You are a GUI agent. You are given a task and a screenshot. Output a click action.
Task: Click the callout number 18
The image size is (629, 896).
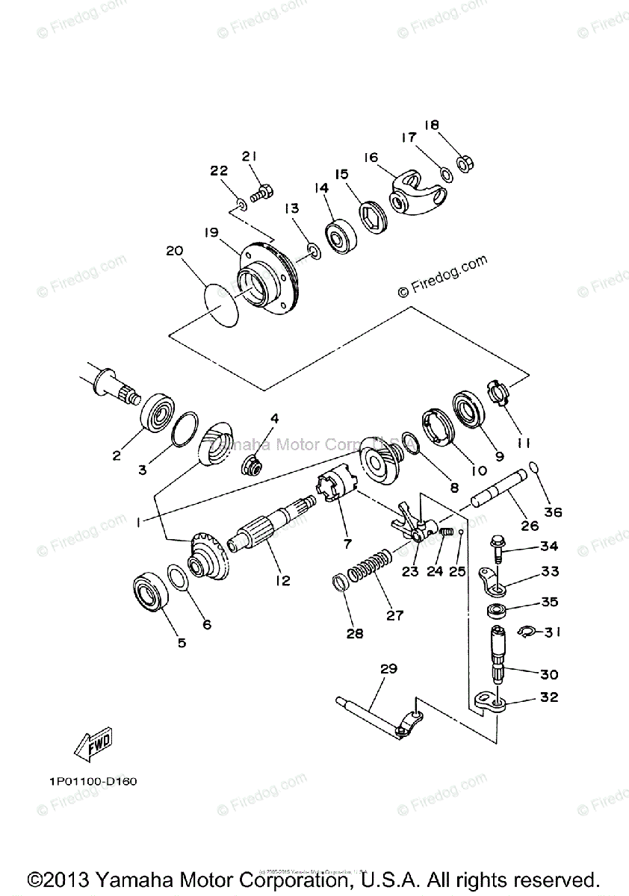pyautogui.click(x=432, y=125)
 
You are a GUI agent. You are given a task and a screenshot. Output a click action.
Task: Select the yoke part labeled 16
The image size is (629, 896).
pyautogui.click(x=418, y=192)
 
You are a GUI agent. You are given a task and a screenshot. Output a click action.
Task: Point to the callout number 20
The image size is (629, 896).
pyautogui.click(x=174, y=252)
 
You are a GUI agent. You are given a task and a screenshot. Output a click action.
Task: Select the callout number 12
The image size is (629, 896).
pyautogui.click(x=282, y=580)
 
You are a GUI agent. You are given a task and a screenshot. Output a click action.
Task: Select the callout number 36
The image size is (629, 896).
pyautogui.click(x=554, y=513)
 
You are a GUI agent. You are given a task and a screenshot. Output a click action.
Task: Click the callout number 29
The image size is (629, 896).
pyautogui.click(x=388, y=669)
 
